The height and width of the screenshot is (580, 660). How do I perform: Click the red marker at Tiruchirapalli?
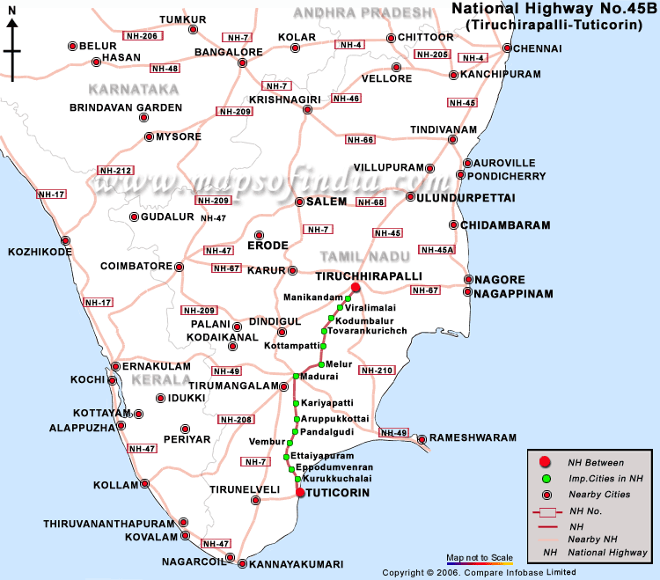tap(356, 288)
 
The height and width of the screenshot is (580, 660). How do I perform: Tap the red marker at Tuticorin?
tap(300, 493)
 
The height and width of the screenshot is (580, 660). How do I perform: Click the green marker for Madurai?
tap(297, 377)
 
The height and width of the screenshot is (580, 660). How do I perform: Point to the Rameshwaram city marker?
tap(422, 438)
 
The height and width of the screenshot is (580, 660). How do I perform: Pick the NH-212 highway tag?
tap(115, 170)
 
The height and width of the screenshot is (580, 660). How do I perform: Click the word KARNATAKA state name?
tap(134, 89)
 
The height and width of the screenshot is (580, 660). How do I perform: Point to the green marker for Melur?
tap(322, 364)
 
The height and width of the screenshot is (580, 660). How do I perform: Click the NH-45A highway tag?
tap(437, 250)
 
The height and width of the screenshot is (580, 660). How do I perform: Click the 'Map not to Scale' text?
tap(480, 558)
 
